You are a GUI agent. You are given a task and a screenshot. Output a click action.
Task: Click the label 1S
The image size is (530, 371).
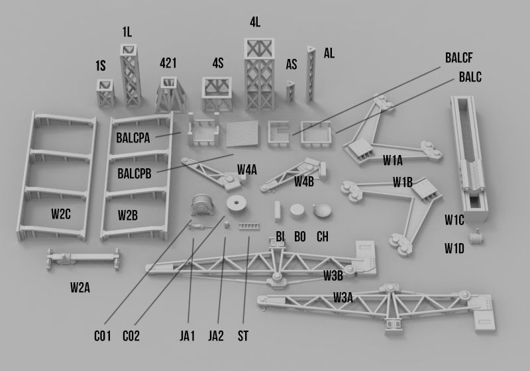coord(101,66)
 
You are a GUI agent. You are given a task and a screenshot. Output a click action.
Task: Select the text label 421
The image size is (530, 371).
coord(168,63)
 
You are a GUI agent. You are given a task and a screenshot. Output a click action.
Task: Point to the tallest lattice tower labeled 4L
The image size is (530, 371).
coord(259,74)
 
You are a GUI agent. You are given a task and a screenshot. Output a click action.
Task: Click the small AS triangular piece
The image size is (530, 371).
coord(290,92)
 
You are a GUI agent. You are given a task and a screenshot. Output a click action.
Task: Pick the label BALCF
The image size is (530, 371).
coord(458,57)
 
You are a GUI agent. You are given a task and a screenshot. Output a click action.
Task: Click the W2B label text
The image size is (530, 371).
coord(128,215)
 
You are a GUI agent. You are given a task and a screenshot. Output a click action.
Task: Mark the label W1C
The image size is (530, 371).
coord(454,219)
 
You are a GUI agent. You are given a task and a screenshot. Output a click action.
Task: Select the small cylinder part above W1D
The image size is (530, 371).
coord(476,236)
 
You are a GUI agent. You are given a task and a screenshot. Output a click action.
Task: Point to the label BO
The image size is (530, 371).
coord(300,237)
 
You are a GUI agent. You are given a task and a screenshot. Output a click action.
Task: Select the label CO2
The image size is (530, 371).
coord(131,336)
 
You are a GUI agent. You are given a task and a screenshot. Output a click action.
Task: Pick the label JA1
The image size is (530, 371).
coord(188,336)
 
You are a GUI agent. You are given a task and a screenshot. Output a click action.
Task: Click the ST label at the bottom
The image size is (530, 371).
coord(243,336)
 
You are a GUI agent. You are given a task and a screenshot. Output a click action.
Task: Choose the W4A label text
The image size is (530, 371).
coord(247,170)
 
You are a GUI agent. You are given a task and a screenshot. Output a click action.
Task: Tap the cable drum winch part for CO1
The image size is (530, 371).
coord(200,205)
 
